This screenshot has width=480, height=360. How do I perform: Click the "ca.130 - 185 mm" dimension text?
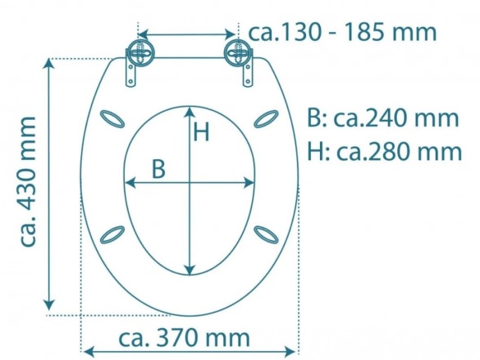click(342, 33)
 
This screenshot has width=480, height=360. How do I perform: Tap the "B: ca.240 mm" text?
click(382, 118)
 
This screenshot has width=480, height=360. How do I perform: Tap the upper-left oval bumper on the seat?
click(114, 121)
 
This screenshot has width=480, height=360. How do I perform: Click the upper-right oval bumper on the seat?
click(266, 120)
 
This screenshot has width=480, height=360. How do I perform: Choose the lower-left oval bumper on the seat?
click(113, 235)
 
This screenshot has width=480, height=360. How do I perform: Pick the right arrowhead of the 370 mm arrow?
click(293, 351)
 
